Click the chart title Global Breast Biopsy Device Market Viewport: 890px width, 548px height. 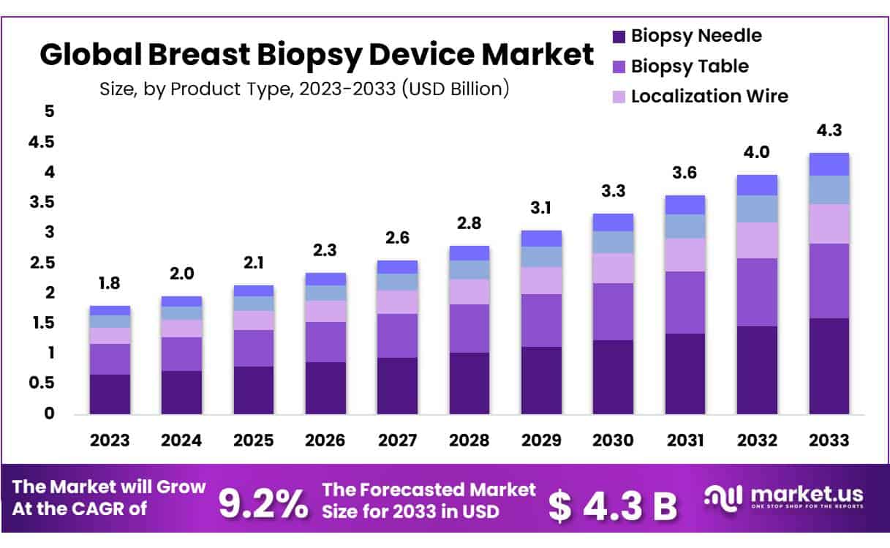[316, 55]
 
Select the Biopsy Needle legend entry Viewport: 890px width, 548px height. [695, 35]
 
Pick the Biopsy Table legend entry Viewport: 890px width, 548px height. [689, 66]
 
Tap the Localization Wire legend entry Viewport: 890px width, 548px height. [709, 96]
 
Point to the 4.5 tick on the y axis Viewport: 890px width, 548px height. [42, 142]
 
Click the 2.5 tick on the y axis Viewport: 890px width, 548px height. [42, 263]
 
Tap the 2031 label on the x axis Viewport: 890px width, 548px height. [685, 440]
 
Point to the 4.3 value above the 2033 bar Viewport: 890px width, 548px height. [829, 131]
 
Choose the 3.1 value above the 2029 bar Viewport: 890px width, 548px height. [541, 208]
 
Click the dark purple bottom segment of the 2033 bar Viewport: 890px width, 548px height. [829, 366]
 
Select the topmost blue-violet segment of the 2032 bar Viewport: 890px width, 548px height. [757, 185]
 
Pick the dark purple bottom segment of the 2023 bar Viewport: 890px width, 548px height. [110, 394]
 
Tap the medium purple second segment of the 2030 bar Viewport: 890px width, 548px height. [613, 312]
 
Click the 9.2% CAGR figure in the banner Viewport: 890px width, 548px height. [263, 504]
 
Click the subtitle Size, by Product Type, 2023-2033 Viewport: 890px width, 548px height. [303, 89]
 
